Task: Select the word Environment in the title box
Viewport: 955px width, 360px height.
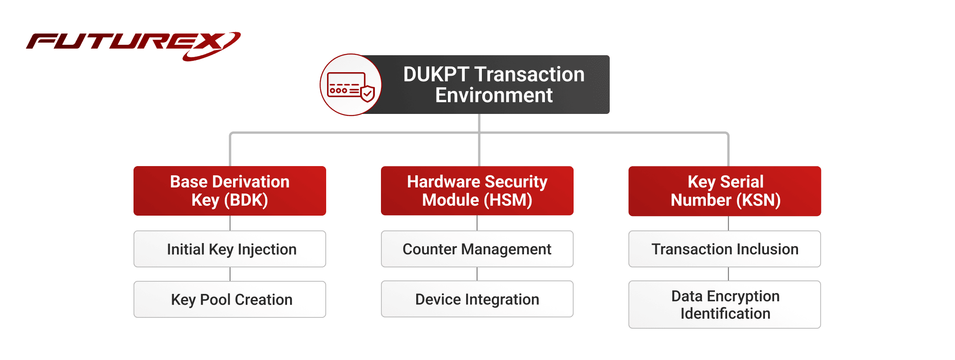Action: [x=494, y=96]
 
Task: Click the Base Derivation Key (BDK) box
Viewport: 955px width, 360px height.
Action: [x=230, y=190]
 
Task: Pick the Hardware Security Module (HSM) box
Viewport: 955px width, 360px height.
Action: [x=477, y=190]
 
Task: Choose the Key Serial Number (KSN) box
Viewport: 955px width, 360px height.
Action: [x=725, y=190]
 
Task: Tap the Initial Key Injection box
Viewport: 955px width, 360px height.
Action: [x=230, y=249]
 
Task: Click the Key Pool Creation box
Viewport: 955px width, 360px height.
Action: [x=230, y=300]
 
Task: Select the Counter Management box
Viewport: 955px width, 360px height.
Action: [x=477, y=249]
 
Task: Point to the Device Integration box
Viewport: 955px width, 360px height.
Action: [x=477, y=299]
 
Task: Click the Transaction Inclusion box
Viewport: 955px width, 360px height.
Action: [x=725, y=249]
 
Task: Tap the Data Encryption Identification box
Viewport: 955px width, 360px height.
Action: [x=725, y=305]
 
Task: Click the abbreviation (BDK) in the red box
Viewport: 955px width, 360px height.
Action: [x=246, y=200]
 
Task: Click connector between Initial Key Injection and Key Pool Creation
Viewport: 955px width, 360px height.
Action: [x=230, y=274]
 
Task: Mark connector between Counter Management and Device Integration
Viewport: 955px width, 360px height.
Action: [x=477, y=274]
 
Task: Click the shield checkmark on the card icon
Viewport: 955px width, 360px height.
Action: [x=368, y=93]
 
